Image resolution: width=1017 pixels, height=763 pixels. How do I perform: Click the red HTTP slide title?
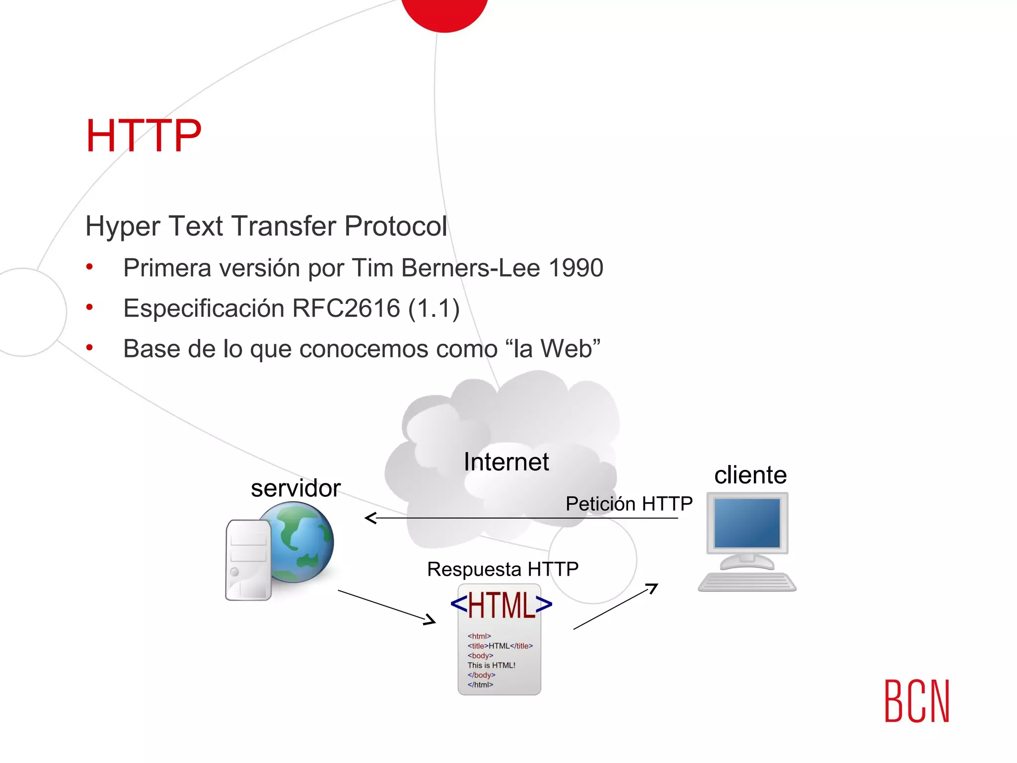coord(144,136)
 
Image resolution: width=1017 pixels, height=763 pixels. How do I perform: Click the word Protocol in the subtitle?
coord(395,227)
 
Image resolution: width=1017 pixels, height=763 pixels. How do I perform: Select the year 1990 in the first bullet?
coord(576,268)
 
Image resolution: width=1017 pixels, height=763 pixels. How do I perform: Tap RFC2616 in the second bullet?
coord(346,308)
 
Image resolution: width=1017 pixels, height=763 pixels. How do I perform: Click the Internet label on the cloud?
coord(506,462)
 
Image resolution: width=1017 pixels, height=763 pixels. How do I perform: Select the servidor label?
coord(295,488)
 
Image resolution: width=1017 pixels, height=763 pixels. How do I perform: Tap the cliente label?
coord(750,475)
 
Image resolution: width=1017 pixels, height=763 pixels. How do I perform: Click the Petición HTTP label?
coord(629,504)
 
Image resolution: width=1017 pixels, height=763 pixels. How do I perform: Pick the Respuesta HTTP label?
coord(503,569)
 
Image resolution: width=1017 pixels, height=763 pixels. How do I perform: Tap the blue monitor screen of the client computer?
coord(747,523)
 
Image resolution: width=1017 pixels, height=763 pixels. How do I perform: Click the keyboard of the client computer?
coord(747,582)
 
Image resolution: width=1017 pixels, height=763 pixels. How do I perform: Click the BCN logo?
coord(917,701)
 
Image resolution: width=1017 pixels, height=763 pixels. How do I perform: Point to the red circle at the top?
coord(444,12)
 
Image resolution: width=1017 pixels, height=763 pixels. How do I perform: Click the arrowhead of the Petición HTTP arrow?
coord(370,518)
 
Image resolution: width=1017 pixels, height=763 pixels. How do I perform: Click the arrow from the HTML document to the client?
coord(616,607)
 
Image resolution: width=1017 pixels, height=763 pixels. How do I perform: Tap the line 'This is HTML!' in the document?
coord(491,666)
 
